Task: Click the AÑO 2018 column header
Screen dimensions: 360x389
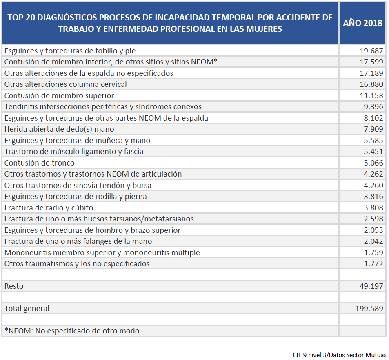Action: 362,23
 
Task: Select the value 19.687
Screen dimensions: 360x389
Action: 371,51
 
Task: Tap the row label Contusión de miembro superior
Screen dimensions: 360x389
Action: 59,96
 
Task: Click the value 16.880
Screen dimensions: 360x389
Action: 371,84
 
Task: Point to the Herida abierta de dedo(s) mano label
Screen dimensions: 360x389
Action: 59,129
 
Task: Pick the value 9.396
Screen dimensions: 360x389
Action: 373,107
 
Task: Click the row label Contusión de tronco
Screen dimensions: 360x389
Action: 40,163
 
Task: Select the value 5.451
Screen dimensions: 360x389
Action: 373,152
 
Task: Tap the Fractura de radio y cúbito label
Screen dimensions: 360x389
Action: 49,208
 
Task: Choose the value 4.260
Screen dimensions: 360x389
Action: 373,185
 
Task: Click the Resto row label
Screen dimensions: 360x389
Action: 14,286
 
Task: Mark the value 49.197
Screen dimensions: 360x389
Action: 371,286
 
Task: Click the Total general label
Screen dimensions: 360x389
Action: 27,309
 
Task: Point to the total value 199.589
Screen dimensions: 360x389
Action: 369,309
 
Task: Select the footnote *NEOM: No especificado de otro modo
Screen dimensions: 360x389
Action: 72,331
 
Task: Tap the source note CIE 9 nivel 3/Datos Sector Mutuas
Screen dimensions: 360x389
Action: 339,355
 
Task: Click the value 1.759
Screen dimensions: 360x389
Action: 373,252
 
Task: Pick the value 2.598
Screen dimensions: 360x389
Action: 373,219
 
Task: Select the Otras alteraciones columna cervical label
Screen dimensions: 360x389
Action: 66,84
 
